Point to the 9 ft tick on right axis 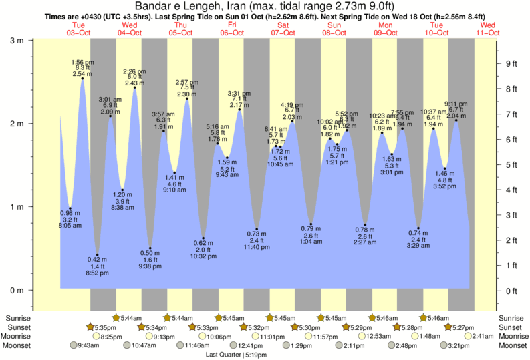coord(511,64)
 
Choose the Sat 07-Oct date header coord(283,29)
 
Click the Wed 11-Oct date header coord(487,29)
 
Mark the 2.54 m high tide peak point coord(83,79)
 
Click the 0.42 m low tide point coord(98,255)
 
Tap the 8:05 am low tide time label coord(70,226)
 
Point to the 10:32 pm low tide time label coord(203,256)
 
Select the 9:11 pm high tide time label coord(456,104)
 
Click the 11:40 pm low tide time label coord(257,247)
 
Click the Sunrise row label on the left coord(19,317)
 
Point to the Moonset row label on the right coord(511,345)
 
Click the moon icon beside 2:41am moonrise coord(467,336)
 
